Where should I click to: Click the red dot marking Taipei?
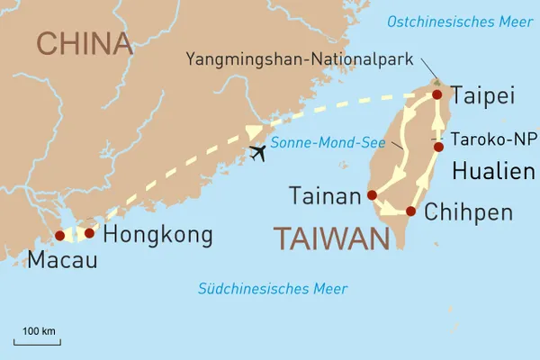tap(437, 94)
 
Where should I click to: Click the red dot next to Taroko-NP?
tap(438, 147)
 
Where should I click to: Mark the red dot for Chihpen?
tap(410, 211)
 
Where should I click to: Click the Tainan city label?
tap(325, 195)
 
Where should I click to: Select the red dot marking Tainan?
tap(371, 194)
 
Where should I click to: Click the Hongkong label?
tap(157, 235)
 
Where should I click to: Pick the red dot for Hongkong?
tap(89, 232)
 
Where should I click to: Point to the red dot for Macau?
tap(59, 235)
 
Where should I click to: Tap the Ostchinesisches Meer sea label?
tap(456, 21)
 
